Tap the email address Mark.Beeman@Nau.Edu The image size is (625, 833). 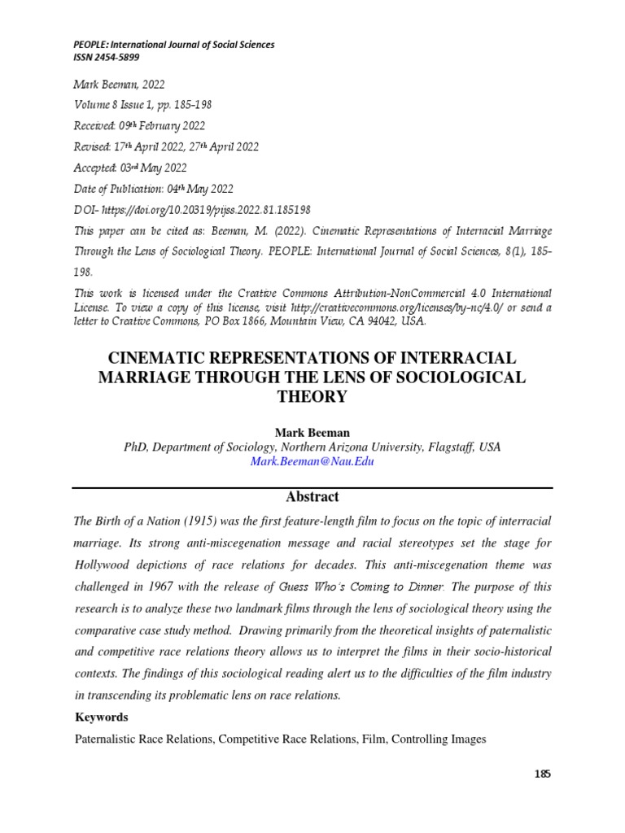[x=312, y=461]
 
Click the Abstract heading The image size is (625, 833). [x=312, y=497]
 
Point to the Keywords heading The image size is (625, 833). [x=102, y=717]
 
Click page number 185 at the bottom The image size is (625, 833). [x=543, y=774]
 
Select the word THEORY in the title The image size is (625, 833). [x=312, y=397]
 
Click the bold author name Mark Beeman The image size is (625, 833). [x=312, y=431]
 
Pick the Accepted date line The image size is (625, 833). [x=130, y=168]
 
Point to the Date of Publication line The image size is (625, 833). [x=154, y=189]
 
